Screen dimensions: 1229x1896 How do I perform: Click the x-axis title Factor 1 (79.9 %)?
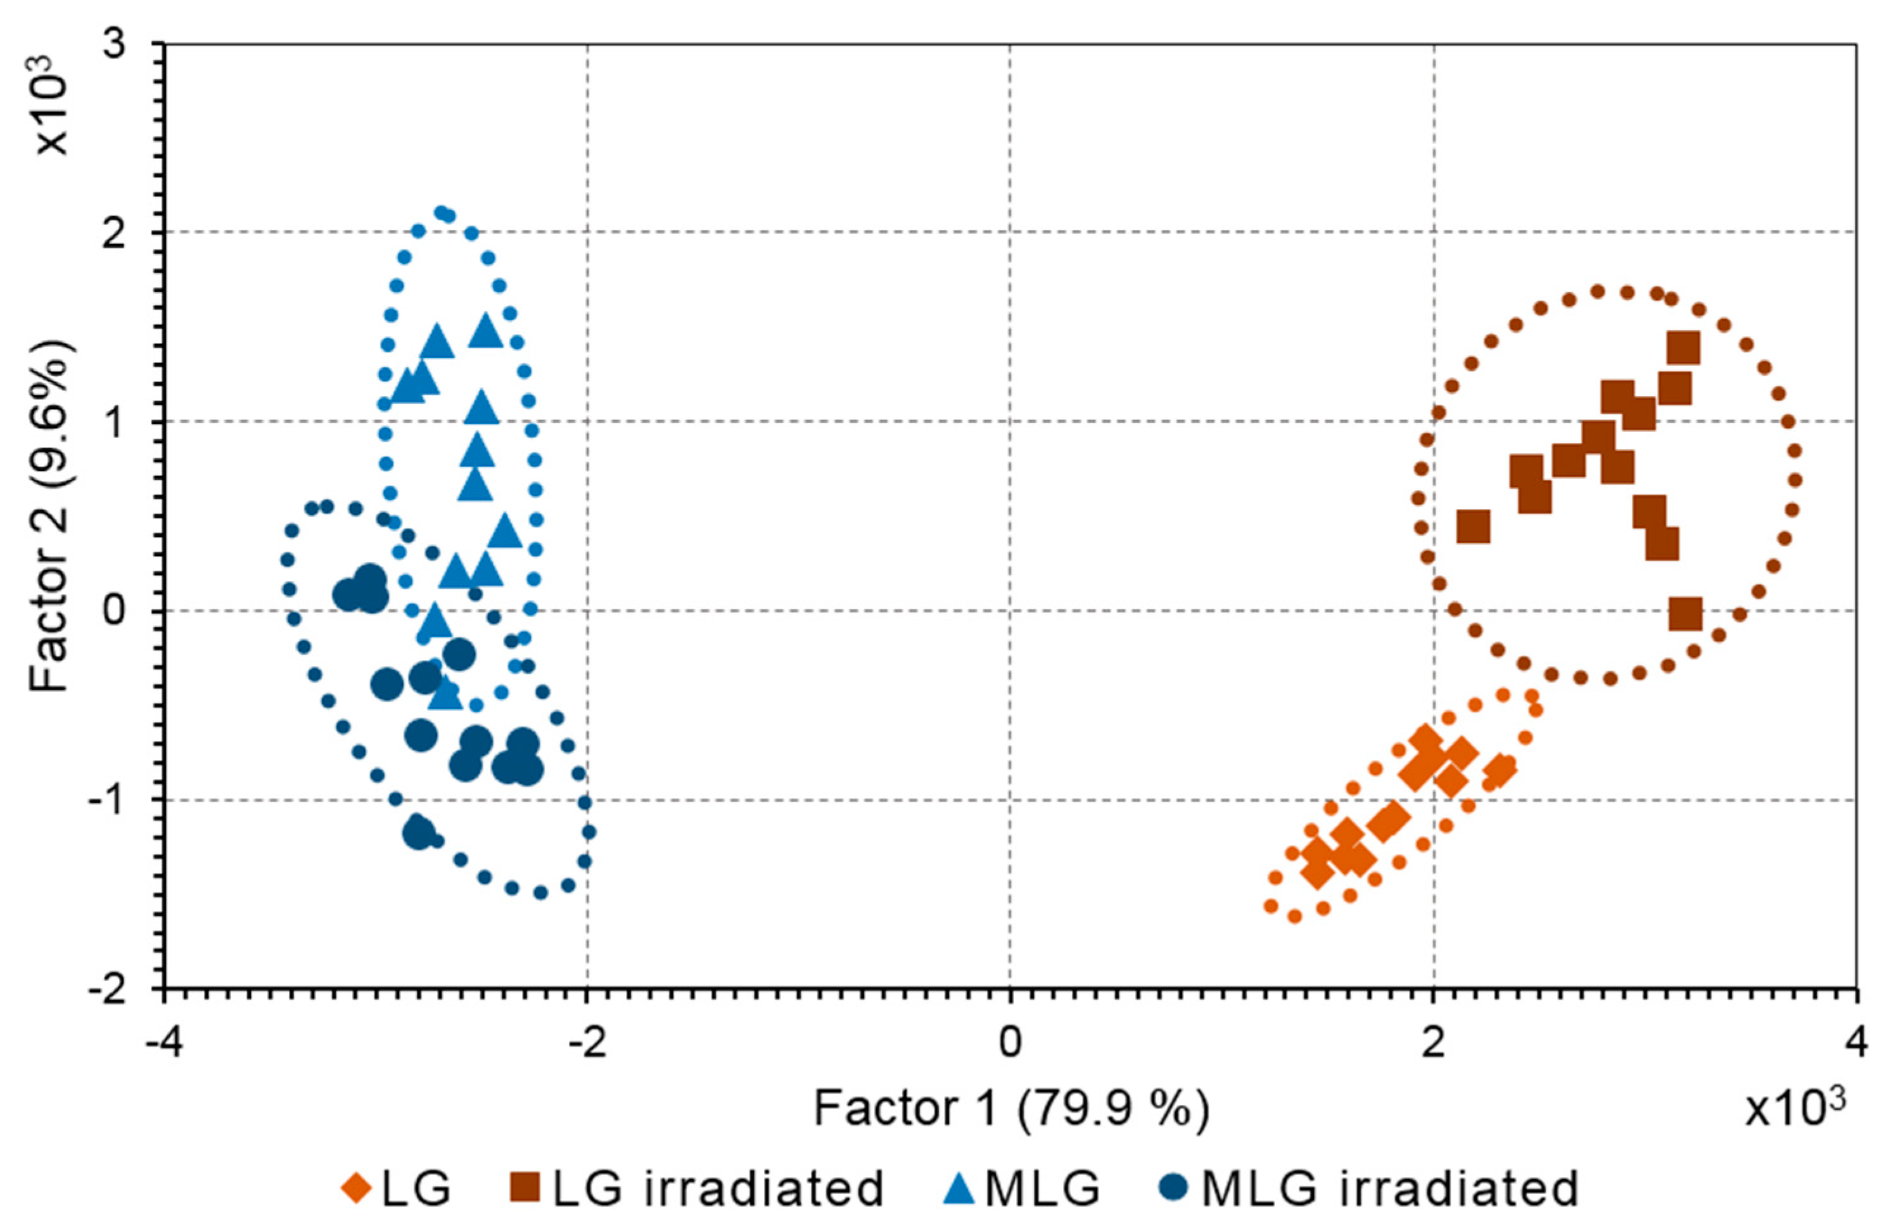[x=1010, y=1109]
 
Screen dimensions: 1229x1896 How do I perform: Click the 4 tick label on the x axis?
[x=1856, y=1043]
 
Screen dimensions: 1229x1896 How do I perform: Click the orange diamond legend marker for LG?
[x=356, y=1189]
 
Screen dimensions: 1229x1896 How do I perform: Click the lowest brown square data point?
[x=1686, y=615]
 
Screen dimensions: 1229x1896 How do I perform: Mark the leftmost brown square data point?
[x=1473, y=527]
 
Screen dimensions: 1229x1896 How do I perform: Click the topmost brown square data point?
[x=1683, y=349]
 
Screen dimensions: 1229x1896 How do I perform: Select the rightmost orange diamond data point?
[x=1501, y=770]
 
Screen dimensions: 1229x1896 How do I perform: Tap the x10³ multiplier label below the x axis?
[x=1794, y=1109]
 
